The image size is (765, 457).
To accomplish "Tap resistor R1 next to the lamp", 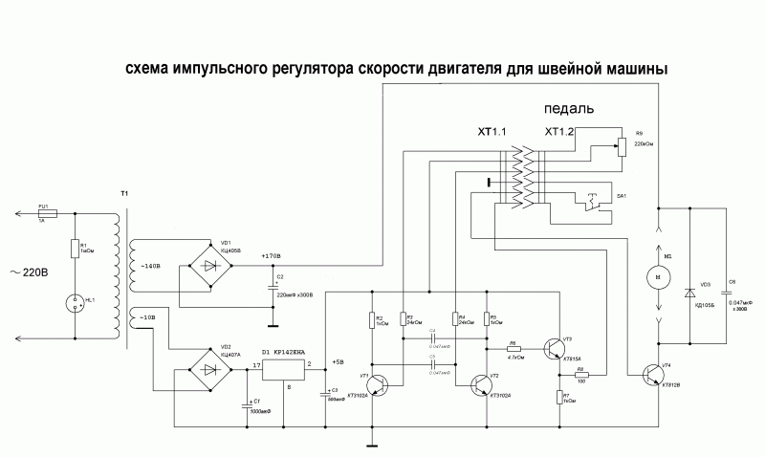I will (74, 249).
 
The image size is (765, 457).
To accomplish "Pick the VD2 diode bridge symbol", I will (210, 369).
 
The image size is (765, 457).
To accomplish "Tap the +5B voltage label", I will (338, 362).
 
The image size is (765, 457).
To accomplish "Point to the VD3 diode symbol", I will (689, 291).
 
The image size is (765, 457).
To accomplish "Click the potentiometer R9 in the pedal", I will (623, 146).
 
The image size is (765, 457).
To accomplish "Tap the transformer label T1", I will (124, 193).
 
